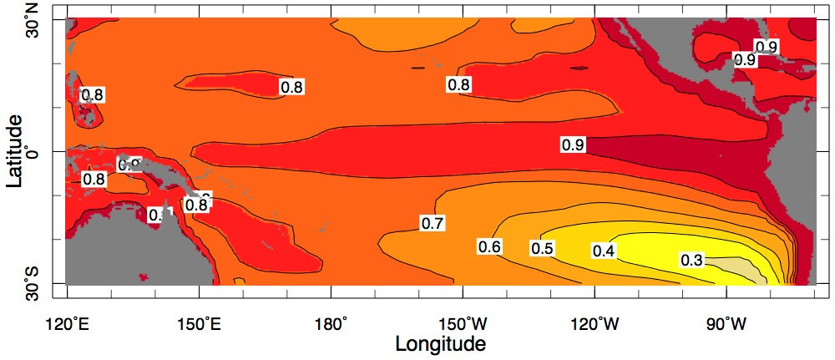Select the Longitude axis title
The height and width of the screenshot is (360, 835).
(440, 343)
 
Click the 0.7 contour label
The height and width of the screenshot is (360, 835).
(433, 222)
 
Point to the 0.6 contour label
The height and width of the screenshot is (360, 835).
(489, 246)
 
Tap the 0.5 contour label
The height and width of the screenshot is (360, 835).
(543, 249)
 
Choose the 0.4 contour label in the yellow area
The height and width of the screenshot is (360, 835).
(604, 251)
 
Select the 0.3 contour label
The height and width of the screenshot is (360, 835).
(691, 261)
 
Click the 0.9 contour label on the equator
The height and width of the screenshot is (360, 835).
(573, 145)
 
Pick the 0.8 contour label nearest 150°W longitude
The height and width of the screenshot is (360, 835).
(458, 84)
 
